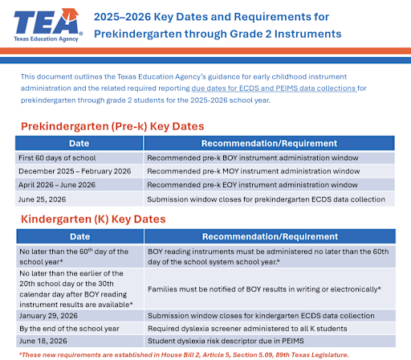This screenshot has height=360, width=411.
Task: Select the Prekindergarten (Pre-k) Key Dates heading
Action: (x=112, y=127)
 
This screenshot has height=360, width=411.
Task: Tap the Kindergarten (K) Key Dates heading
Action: (x=93, y=219)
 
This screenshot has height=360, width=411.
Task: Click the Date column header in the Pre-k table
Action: (x=79, y=142)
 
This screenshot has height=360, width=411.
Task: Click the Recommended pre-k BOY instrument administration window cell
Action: (x=253, y=157)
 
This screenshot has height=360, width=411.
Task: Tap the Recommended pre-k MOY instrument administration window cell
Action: (x=253, y=171)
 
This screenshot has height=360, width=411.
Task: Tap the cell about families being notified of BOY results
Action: (x=264, y=288)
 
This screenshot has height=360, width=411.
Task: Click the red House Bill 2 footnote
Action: (x=204, y=354)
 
